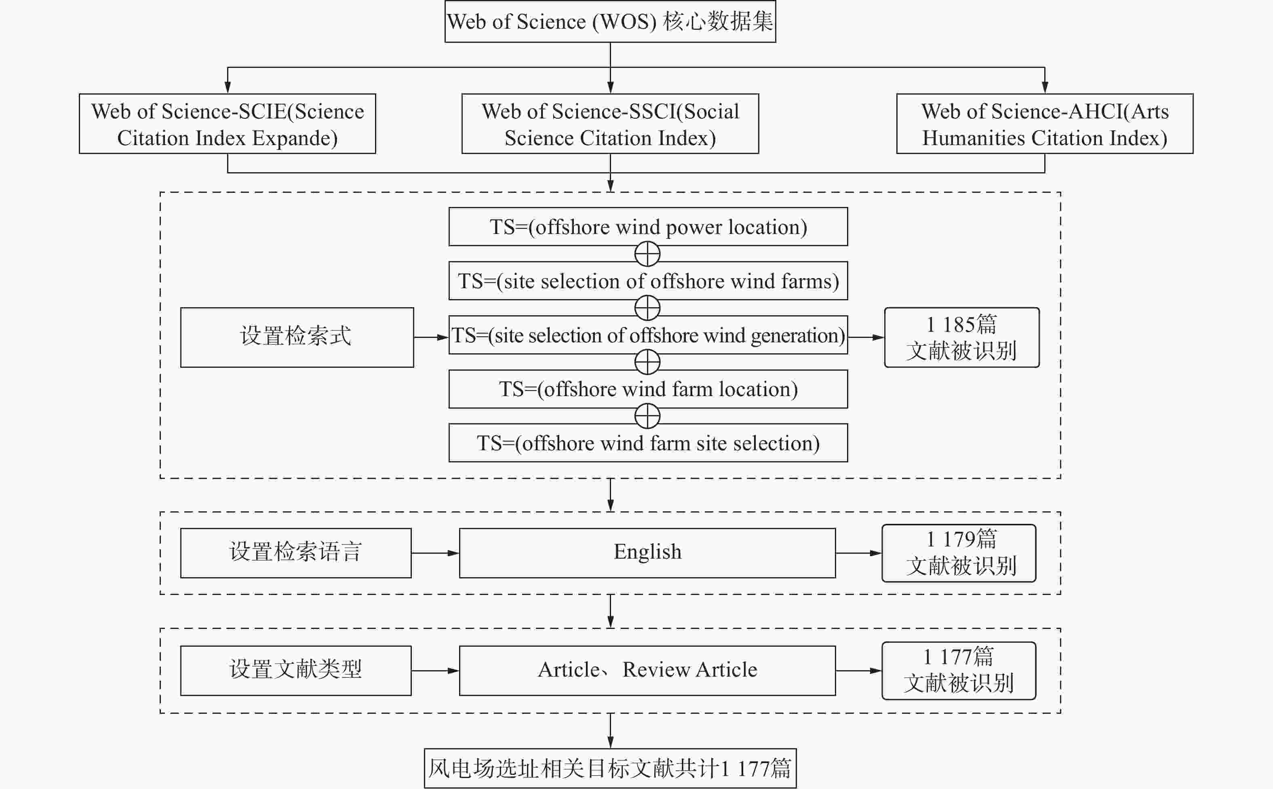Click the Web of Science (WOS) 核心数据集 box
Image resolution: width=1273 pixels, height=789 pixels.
click(x=610, y=21)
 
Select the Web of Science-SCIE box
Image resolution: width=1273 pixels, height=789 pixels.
click(x=228, y=124)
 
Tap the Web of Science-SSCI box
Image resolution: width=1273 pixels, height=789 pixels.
click(x=610, y=124)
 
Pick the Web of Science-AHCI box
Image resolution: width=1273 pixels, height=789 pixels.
click(x=1045, y=124)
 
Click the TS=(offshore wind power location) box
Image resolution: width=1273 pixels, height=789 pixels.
click(x=648, y=226)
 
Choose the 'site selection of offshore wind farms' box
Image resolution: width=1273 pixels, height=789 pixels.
click(x=648, y=281)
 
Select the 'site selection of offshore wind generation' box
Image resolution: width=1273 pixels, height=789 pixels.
click(x=648, y=335)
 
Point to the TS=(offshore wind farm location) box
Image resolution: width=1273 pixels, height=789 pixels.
click(x=648, y=389)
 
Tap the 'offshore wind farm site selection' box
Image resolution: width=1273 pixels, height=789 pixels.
click(x=648, y=443)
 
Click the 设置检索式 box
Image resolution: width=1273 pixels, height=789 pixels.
click(x=297, y=338)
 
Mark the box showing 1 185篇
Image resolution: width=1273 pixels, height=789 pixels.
click(x=961, y=338)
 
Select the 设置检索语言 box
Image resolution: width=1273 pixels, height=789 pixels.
click(x=296, y=553)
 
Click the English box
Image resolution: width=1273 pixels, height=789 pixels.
click(x=647, y=553)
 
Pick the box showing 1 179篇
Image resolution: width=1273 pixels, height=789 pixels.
click(x=959, y=553)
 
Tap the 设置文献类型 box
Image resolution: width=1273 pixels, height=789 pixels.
click(x=296, y=671)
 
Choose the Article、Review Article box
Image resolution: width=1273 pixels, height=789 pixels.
click(x=647, y=671)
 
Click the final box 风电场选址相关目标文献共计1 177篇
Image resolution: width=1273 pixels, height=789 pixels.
click(x=610, y=768)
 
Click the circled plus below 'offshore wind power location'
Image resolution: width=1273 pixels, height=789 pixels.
click(x=647, y=254)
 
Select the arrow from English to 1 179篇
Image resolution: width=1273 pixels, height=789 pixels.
click(x=859, y=553)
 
